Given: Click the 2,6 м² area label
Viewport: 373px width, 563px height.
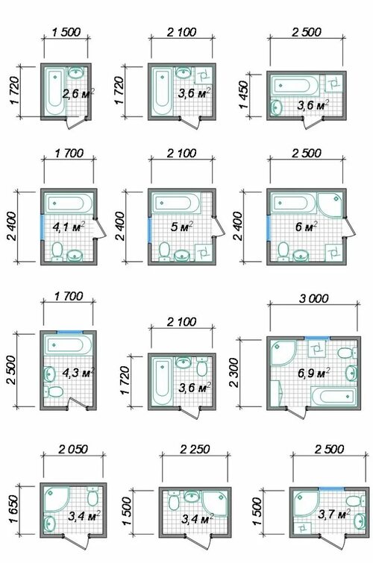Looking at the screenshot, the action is (78, 95).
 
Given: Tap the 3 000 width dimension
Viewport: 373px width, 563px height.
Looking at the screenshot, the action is (314, 298).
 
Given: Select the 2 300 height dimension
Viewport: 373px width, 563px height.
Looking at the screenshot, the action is (233, 372).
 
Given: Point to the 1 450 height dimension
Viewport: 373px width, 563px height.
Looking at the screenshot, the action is (244, 95).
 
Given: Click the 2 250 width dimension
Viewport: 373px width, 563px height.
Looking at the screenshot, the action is (195, 449).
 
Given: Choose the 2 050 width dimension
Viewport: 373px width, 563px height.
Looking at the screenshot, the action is (73, 449).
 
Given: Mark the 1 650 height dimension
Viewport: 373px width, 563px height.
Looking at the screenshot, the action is (13, 509).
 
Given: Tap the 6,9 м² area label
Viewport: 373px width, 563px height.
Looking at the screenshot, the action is (313, 373).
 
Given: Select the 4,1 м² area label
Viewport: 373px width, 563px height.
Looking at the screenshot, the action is (69, 227).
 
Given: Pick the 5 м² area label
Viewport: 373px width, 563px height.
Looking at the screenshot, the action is (182, 227).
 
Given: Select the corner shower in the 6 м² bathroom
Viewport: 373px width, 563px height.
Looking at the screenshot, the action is (330, 204).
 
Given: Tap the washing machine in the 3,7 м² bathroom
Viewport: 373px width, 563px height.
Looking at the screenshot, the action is (302, 527).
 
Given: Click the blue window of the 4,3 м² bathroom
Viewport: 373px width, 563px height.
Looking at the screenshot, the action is (69, 333).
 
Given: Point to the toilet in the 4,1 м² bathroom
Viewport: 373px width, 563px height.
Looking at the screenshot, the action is (57, 251).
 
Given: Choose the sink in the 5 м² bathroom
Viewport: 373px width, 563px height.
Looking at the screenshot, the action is (183, 255).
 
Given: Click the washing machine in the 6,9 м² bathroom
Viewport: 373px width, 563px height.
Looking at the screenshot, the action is (317, 348).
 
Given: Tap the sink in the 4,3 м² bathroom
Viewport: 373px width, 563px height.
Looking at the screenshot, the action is (48, 374).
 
